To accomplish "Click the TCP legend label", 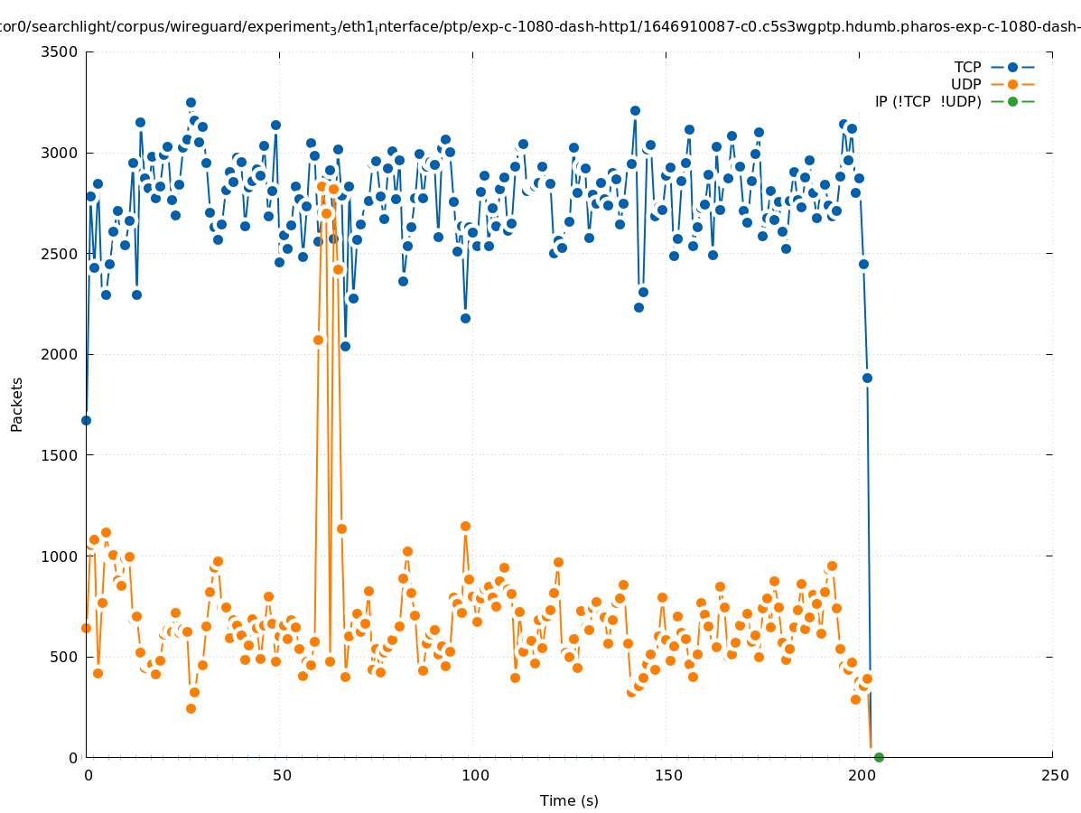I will tap(967, 68).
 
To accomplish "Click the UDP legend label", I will tap(965, 85).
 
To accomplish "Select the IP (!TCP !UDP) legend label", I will tap(927, 102).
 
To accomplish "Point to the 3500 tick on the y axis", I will tap(61, 51).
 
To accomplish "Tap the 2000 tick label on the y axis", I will tap(61, 354).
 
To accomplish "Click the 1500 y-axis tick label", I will tap(61, 455).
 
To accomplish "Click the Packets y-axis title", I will tap(17, 405).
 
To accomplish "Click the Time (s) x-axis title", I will tap(569, 801).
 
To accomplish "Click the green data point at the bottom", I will tap(879, 757).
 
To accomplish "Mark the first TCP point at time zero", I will tap(86, 420).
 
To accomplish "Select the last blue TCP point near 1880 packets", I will tap(867, 378).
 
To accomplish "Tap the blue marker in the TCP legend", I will tap(1012, 68).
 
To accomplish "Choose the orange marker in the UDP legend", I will tap(1012, 85).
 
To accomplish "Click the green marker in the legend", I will tap(1012, 102).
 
